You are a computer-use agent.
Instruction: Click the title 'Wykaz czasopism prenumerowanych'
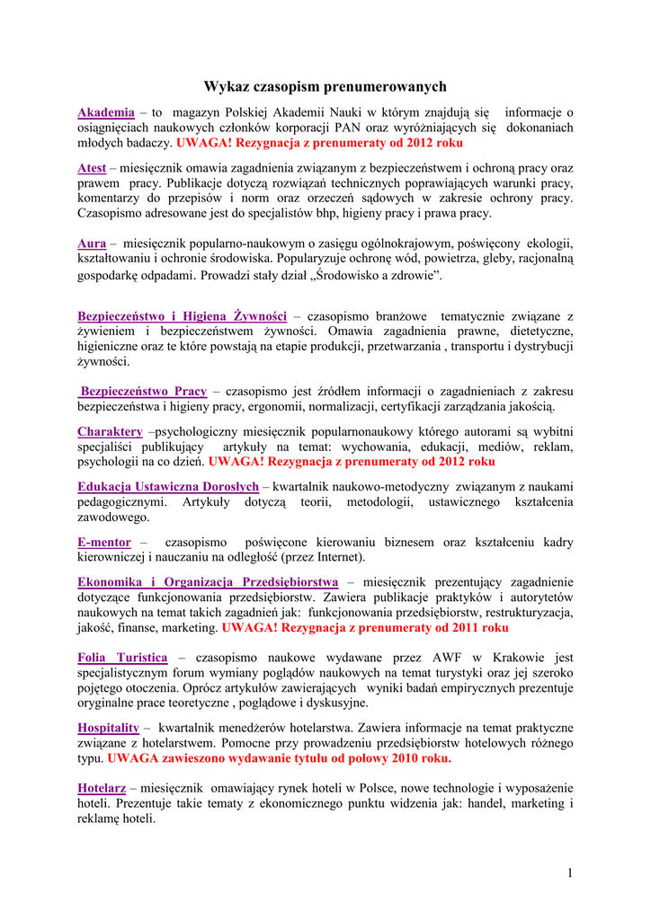coord(325,86)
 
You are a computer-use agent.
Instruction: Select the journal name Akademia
coord(106,112)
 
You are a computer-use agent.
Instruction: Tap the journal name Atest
coord(92,168)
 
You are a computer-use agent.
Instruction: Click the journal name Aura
coord(92,243)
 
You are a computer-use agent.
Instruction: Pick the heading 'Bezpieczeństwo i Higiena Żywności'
coord(182,316)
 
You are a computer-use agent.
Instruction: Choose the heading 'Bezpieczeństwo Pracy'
coord(144,391)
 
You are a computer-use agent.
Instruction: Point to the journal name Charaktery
coord(110,431)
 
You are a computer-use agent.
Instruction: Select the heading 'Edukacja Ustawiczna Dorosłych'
coord(168,487)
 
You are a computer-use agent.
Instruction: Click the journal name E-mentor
coord(104,542)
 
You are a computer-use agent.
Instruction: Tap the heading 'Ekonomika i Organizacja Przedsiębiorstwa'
coord(208,581)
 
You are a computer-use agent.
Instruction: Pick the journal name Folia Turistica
coord(122,658)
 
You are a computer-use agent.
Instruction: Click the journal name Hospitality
coord(108,727)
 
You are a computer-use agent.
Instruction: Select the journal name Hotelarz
coord(102,787)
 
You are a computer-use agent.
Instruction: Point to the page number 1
coord(570,872)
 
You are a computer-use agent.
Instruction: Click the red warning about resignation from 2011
coord(365,627)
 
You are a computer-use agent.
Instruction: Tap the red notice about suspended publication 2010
coord(279,757)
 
